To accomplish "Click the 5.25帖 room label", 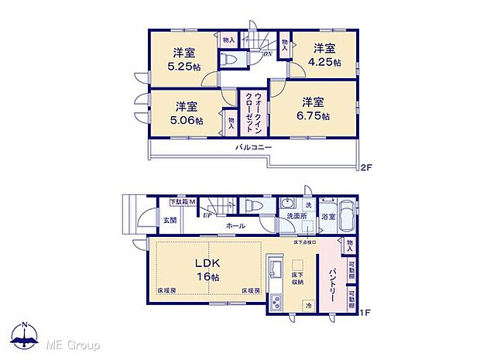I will click(183, 60).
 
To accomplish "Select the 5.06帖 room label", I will click(185, 113).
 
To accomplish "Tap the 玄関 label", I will click(170, 221).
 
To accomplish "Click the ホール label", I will click(236, 226).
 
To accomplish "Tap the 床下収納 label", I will click(298, 277).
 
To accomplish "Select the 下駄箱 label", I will click(183, 203).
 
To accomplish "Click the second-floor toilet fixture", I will click(231, 59).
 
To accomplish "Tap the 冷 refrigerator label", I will click(307, 304).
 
